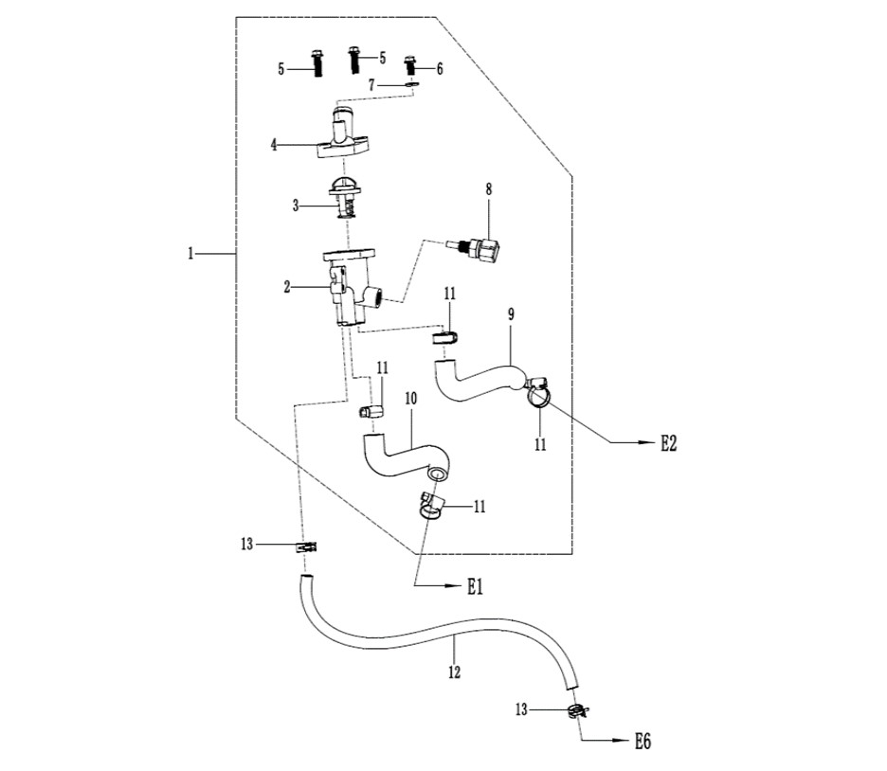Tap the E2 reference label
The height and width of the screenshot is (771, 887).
point(669,443)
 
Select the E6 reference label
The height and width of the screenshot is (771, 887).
point(643,741)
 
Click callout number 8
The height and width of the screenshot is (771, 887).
point(489,189)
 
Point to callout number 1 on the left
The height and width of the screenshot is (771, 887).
point(190,254)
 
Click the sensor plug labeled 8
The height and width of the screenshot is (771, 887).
point(475,249)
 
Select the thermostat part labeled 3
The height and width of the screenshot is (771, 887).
point(346,198)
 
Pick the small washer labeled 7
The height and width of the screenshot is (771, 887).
point(412,85)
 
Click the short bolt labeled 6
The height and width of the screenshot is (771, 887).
point(411,65)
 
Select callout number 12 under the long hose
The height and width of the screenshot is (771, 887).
point(454,672)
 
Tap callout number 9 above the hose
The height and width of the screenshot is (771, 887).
point(511,314)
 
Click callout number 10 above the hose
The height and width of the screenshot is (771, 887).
point(410,399)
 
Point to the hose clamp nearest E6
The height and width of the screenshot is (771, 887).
point(579,710)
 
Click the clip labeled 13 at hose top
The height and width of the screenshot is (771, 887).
point(306,547)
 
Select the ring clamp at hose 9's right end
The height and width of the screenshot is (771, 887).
point(538,393)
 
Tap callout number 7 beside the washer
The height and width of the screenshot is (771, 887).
point(371,85)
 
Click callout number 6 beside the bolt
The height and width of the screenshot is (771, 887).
point(440,68)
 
